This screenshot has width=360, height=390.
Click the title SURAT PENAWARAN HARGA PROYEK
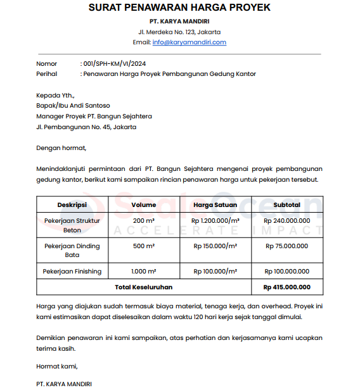click(179, 8)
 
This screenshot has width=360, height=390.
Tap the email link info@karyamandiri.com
click(189, 42)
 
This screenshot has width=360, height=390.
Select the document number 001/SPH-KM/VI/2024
click(115, 64)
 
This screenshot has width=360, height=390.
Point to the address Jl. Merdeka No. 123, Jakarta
click(179, 32)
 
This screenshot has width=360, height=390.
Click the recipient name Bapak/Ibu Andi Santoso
click(73, 106)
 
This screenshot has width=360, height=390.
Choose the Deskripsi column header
click(72, 204)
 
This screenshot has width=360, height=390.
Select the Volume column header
click(144, 204)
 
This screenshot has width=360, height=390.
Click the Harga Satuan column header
click(215, 204)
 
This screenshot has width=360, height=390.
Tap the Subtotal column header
click(286, 204)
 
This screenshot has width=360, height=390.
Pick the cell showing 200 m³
click(144, 220)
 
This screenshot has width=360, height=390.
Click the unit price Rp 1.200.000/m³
click(215, 220)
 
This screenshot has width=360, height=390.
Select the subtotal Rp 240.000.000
click(286, 220)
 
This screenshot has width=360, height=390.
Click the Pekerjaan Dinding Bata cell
click(72, 250)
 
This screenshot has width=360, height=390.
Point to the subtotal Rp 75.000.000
click(286, 246)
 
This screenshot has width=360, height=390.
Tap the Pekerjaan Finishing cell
click(72, 271)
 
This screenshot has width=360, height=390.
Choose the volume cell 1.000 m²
click(144, 271)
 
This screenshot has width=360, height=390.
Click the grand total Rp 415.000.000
click(286, 287)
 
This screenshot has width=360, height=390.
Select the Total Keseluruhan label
click(144, 287)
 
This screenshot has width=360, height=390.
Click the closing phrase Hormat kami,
click(57, 366)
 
